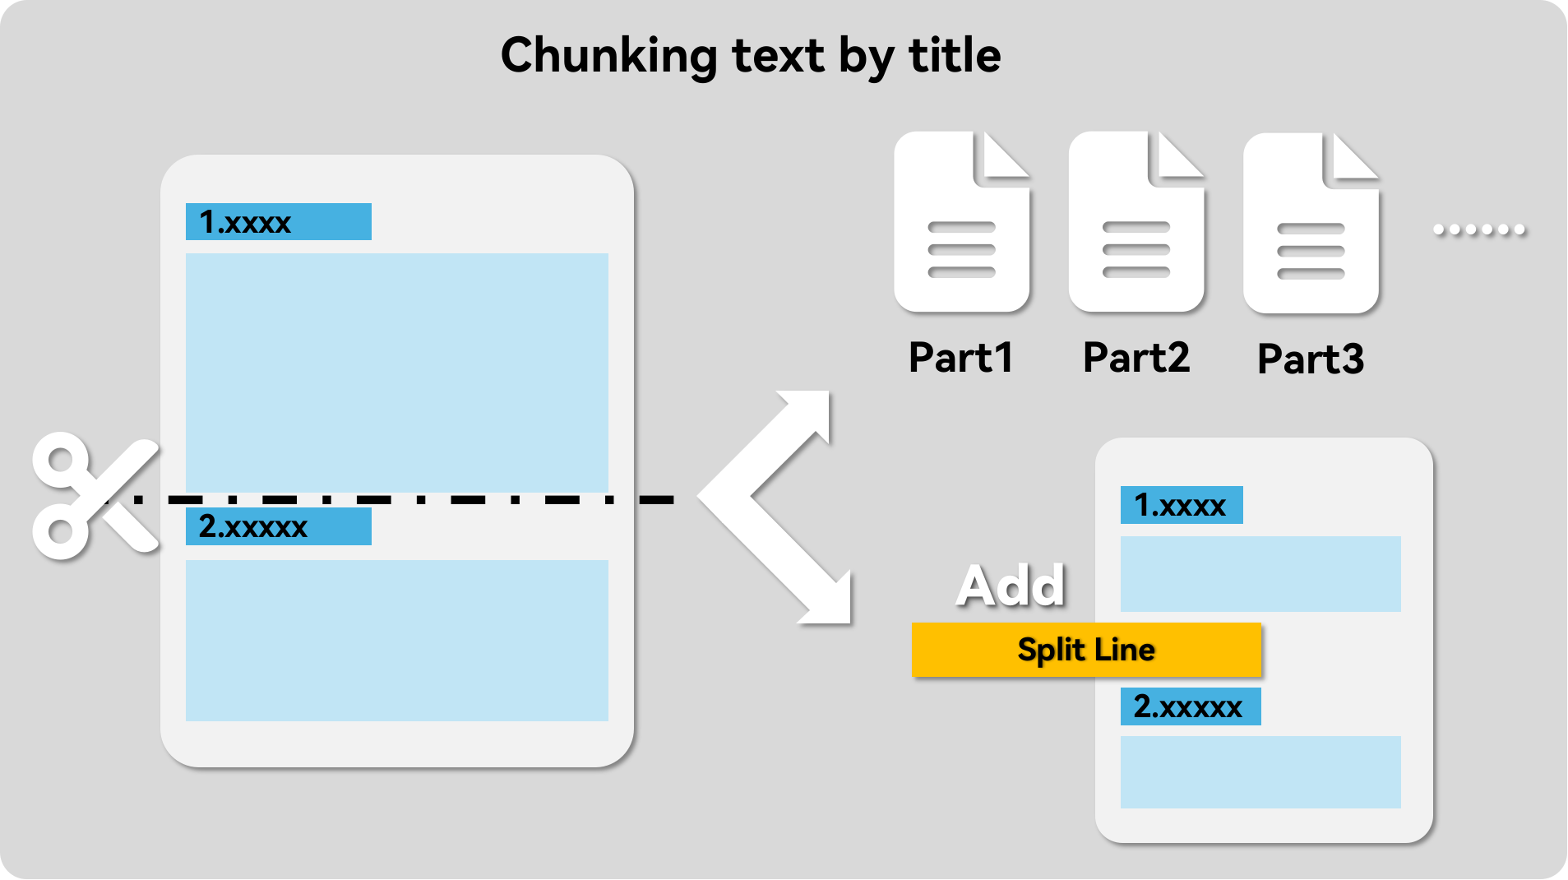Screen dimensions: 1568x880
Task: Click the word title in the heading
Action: click(x=955, y=55)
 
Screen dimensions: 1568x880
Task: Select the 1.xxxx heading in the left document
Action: click(x=278, y=222)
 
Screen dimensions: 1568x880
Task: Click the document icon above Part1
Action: click(x=961, y=222)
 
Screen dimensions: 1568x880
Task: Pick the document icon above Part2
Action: click(x=1136, y=222)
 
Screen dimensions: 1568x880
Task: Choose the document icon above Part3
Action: click(x=1311, y=223)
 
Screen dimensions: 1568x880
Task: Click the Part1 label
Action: click(x=960, y=358)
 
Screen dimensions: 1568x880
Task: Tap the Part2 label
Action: click(x=1136, y=358)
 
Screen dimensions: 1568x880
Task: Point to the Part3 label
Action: click(x=1311, y=359)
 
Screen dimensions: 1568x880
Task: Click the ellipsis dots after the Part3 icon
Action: click(x=1479, y=229)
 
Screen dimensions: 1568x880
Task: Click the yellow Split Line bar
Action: click(x=1086, y=650)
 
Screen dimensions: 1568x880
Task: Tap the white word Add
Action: click(x=1011, y=586)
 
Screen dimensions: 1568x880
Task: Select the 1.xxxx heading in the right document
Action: click(x=1182, y=505)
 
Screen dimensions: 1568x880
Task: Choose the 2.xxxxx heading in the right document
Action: click(x=1191, y=706)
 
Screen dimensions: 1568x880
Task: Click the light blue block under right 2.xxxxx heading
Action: click(x=1260, y=772)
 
